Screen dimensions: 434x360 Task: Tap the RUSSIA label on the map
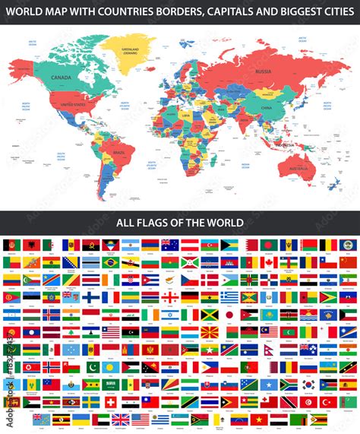(x=263, y=72)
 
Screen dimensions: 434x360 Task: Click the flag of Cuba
(x=150, y=280)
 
